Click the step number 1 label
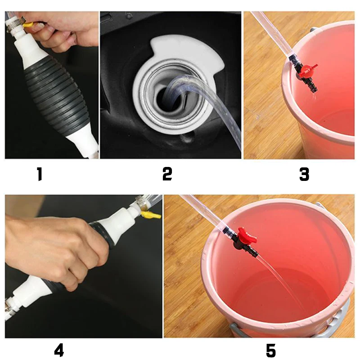[x=40, y=174]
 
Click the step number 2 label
[x=167, y=174]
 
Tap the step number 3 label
[x=304, y=174]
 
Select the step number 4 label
[x=59, y=350]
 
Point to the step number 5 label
[x=271, y=351]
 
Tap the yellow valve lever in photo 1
[x=29, y=24]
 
